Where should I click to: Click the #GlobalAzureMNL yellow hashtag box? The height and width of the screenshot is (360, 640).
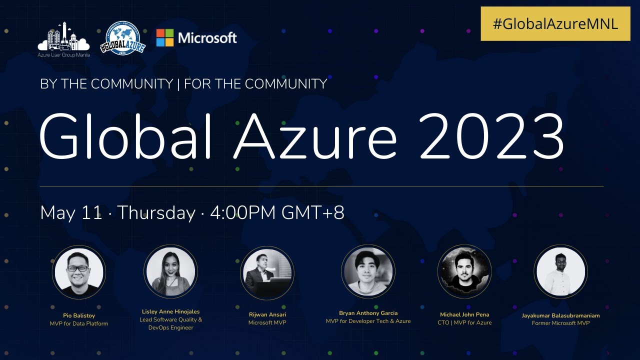point(555,23)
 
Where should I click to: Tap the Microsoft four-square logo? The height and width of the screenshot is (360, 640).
point(165,37)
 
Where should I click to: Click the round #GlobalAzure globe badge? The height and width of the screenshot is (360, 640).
point(122,37)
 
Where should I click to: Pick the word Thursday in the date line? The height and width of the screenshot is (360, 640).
point(156,213)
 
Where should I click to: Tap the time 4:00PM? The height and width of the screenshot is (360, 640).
point(243,213)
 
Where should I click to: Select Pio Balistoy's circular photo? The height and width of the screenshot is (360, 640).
point(79,271)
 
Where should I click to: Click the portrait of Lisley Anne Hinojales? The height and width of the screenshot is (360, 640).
point(170,271)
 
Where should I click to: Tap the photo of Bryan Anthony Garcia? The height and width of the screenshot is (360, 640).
point(368,271)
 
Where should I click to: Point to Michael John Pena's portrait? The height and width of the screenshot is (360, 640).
point(464,271)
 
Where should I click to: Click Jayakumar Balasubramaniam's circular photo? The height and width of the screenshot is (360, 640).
point(560,271)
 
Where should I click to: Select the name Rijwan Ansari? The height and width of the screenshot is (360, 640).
point(267,314)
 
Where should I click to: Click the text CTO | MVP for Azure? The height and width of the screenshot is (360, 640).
point(464,323)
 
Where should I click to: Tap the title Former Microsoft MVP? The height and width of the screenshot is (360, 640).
point(560,323)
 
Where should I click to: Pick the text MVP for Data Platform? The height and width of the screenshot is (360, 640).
point(79,323)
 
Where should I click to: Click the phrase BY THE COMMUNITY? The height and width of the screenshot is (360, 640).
point(106,84)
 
